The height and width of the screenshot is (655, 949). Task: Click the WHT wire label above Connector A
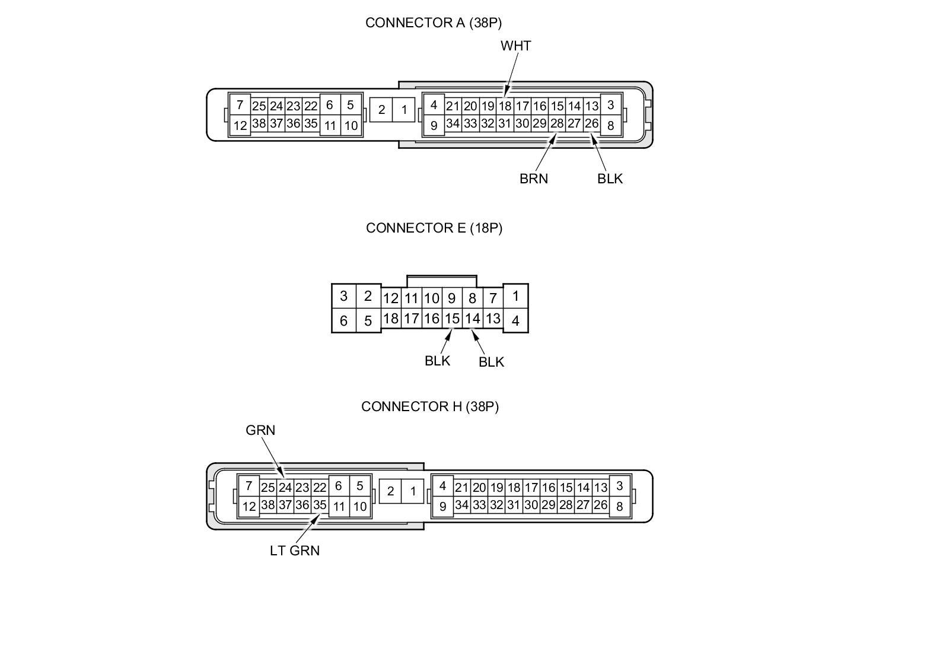click(515, 46)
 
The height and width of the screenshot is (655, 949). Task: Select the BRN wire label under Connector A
click(533, 179)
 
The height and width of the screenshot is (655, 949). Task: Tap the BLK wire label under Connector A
click(610, 179)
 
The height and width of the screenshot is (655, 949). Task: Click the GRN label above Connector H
click(260, 430)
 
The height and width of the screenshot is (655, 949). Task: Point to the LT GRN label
click(294, 551)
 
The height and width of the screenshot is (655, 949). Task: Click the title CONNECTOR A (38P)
click(433, 23)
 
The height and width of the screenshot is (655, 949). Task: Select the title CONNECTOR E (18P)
click(434, 228)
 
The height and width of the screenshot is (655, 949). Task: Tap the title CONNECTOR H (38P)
click(429, 406)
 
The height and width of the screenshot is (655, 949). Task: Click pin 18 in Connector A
click(505, 106)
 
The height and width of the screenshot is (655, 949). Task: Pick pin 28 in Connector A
click(556, 123)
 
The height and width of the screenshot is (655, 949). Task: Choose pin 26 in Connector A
click(591, 123)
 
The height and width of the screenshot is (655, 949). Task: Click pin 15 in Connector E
click(452, 319)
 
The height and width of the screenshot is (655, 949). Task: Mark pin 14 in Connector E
click(472, 319)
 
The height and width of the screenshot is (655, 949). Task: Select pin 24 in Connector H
click(285, 488)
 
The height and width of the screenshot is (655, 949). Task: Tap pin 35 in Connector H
click(320, 505)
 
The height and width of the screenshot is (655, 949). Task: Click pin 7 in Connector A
click(240, 105)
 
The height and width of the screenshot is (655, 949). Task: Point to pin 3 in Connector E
click(343, 296)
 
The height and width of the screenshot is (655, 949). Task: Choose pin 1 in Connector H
click(413, 491)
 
